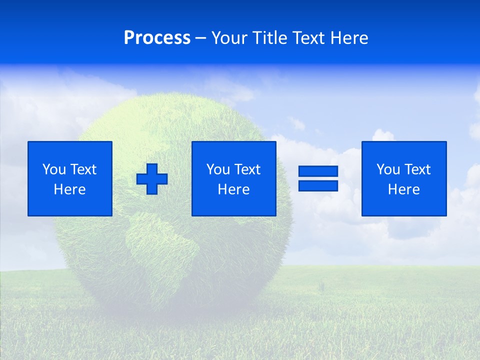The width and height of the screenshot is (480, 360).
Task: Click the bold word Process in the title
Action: point(157,38)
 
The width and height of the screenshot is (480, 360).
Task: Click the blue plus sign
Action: point(152,179)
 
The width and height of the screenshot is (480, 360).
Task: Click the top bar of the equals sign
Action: point(318,171)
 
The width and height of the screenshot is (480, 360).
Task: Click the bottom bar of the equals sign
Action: point(318,185)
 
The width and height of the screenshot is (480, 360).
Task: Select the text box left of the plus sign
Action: point(69,178)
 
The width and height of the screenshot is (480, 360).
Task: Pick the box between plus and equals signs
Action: point(233,178)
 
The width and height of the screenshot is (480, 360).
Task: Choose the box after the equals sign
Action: point(403,178)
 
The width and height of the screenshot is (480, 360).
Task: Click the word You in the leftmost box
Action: point(54,169)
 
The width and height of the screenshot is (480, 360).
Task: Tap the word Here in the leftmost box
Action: point(69,189)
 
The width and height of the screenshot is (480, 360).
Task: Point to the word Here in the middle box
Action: point(233,189)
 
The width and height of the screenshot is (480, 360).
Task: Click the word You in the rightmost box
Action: point(388,169)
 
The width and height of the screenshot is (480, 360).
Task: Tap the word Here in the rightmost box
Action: point(403,189)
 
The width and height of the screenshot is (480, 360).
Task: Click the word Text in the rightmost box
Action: point(416,169)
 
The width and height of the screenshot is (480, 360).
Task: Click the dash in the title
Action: point(201,38)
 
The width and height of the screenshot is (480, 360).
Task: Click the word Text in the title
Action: point(308,38)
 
